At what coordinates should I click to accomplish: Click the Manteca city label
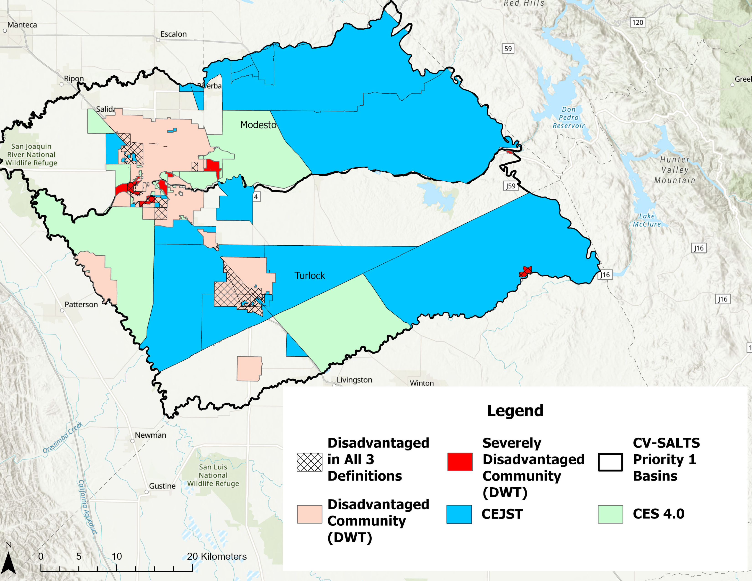point(22,25)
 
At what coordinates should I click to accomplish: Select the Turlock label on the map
point(309,275)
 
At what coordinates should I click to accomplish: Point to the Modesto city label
point(258,125)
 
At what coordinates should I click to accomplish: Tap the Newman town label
point(150,435)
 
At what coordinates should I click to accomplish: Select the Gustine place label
point(162,486)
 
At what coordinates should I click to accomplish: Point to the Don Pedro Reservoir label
point(569,117)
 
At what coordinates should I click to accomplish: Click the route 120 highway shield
point(637,22)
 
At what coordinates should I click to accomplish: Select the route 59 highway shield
point(508,49)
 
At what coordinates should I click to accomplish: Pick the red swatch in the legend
point(460,462)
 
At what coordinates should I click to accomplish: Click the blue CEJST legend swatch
point(459,514)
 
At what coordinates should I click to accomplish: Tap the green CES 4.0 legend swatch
point(610,514)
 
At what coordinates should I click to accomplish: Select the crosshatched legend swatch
point(309,462)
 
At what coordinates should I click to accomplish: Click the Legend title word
point(515,411)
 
